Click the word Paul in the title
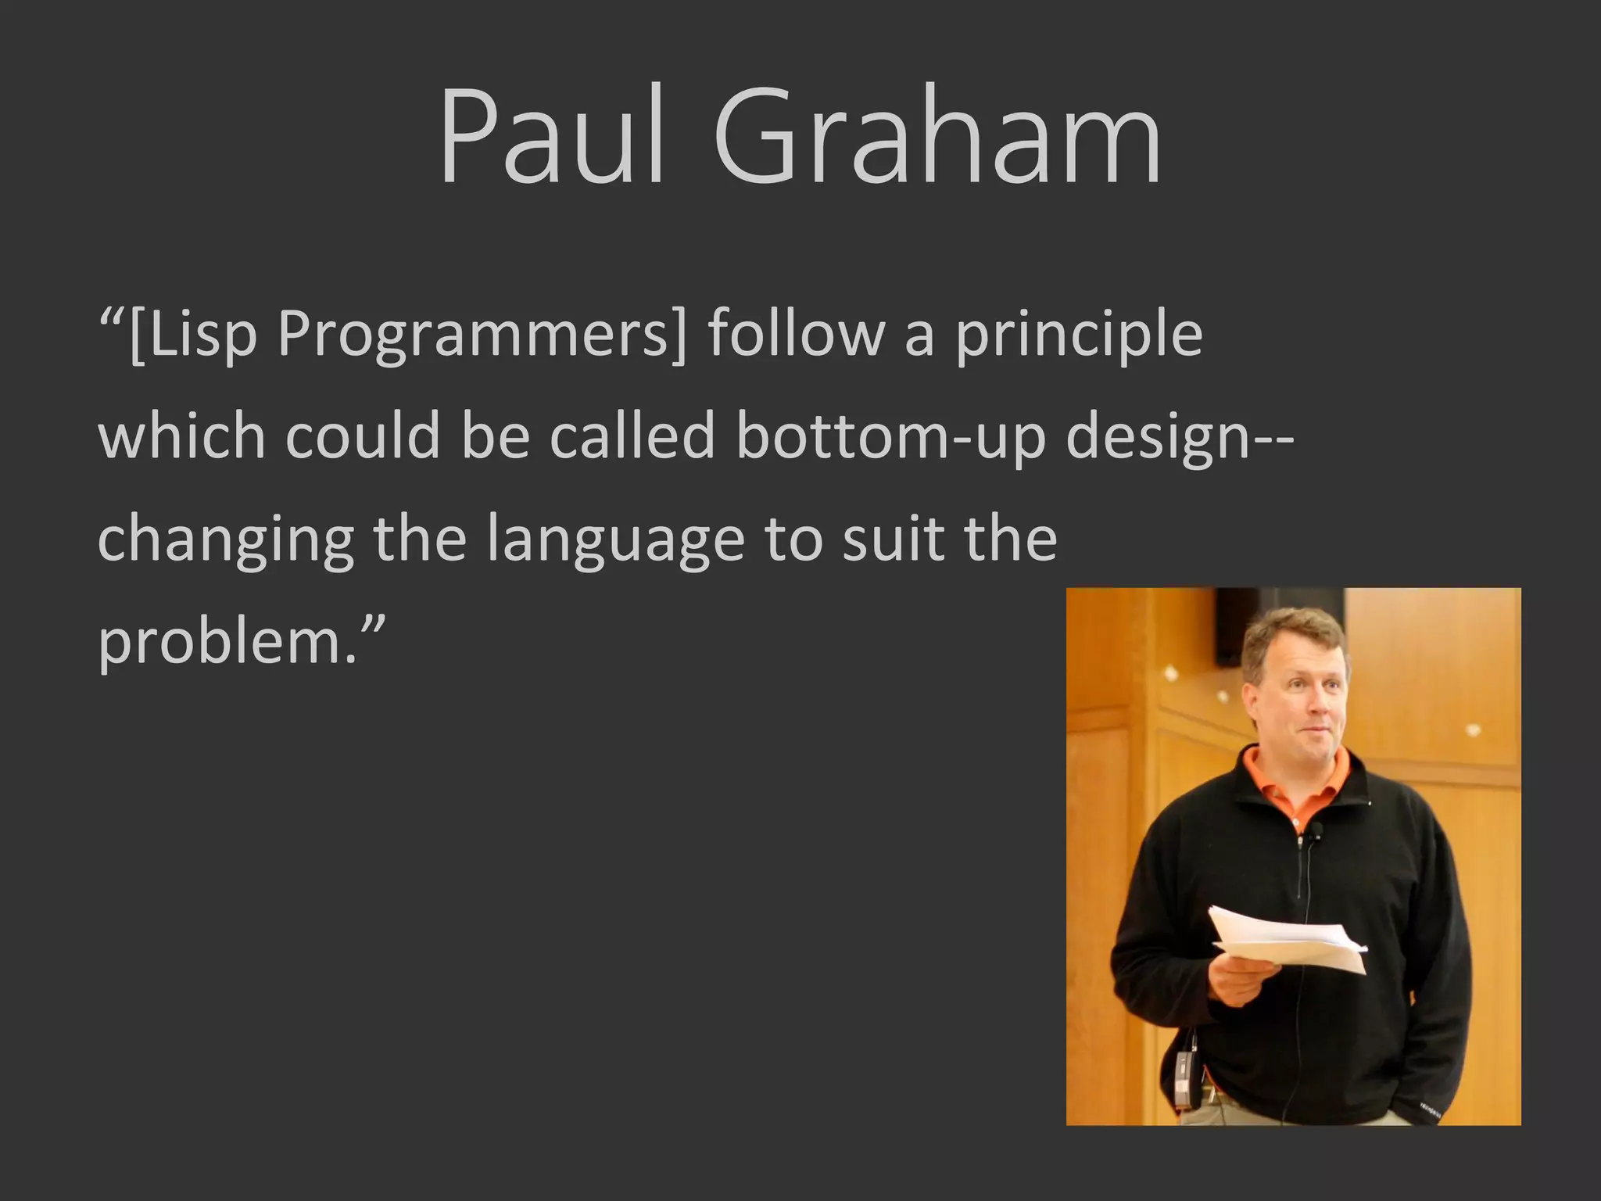click(x=551, y=137)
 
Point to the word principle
click(x=1079, y=335)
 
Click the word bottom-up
click(x=891, y=436)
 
